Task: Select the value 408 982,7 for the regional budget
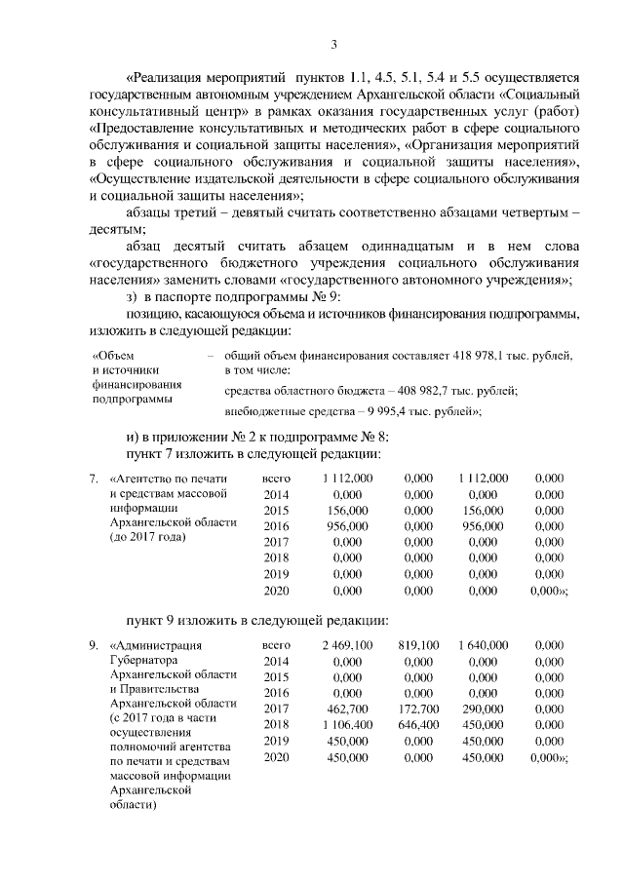pyautogui.click(x=430, y=390)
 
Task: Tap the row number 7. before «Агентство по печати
pyautogui.click(x=94, y=479)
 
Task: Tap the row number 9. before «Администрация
pyautogui.click(x=94, y=645)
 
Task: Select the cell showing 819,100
pyautogui.click(x=419, y=645)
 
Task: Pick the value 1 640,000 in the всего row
pyautogui.click(x=483, y=645)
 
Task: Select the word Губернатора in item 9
pyautogui.click(x=144, y=660)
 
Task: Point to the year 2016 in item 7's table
pyautogui.click(x=277, y=524)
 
